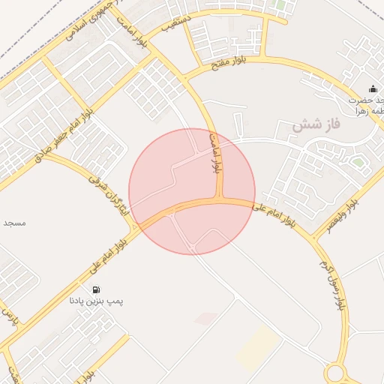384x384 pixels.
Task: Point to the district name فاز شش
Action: [x=316, y=124]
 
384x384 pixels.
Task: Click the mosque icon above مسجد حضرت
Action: [x=373, y=89]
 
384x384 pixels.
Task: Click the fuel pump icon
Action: [x=96, y=289]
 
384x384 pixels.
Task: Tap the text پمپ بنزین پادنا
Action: [x=95, y=301]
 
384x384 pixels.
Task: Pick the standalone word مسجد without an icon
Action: [x=15, y=223]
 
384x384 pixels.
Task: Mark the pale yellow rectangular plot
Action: [x=258, y=346]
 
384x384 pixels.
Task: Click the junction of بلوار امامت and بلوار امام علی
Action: [x=219, y=201]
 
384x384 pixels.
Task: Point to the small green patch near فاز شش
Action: [x=358, y=161]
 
